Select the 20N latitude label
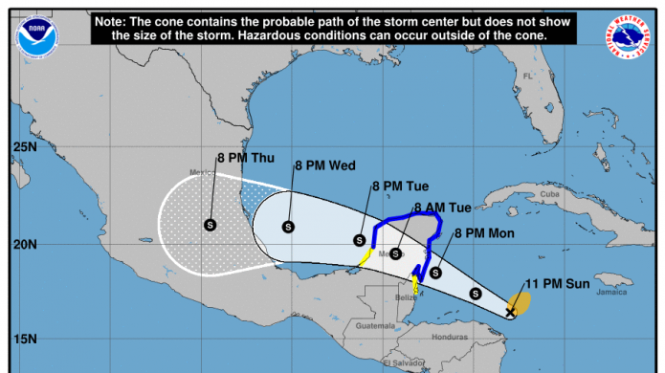pyautogui.click(x=24, y=244)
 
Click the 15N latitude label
pyautogui.click(x=24, y=339)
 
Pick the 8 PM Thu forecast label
pyautogui.click(x=246, y=158)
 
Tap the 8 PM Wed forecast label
pyautogui.click(x=325, y=165)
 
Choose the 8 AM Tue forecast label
pyautogui.click(x=442, y=208)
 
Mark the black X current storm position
pyautogui.click(x=511, y=312)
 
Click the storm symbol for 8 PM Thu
pyautogui.click(x=210, y=225)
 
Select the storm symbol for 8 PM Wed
pyautogui.click(x=288, y=227)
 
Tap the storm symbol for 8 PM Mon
pyautogui.click(x=435, y=273)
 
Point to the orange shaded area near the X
pyautogui.click(x=521, y=302)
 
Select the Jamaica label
pyautogui.click(x=610, y=293)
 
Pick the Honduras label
pyautogui.click(x=449, y=338)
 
